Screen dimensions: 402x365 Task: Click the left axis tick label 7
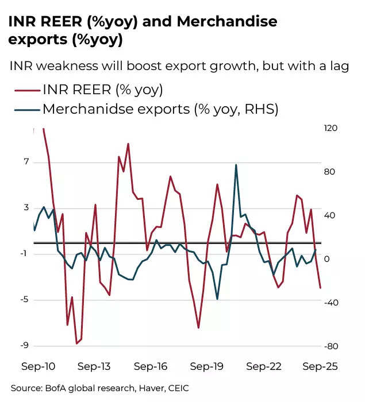point(26,163)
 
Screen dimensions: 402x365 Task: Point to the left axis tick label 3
point(26,208)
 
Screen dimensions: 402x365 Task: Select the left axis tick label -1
point(24,254)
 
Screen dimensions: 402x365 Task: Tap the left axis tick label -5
point(24,300)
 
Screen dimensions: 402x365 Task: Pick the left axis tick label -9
point(24,346)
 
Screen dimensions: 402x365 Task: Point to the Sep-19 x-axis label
point(206,366)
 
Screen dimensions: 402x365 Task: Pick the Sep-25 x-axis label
point(320,366)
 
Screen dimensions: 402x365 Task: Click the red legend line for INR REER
point(25,90)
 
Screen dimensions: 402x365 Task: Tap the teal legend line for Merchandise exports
point(25,109)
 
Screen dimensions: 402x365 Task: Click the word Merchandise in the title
point(226,22)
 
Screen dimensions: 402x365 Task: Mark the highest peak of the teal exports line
point(236,165)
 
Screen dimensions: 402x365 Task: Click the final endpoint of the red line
point(320,288)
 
